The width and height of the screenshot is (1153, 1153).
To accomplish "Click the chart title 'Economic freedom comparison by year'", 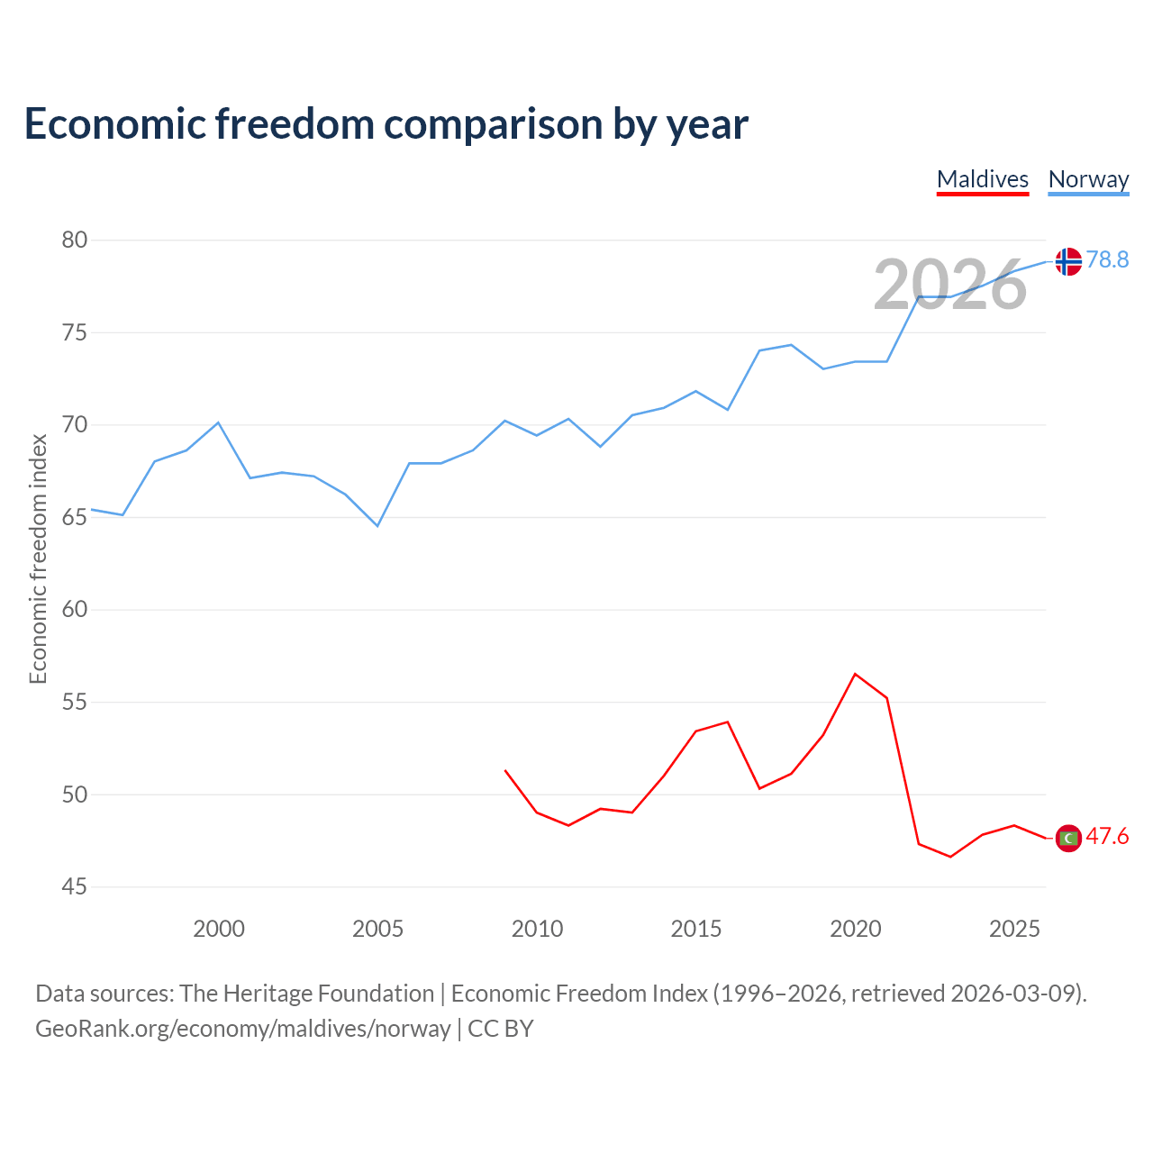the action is (x=386, y=124).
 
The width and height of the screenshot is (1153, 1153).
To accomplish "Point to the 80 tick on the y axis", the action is (x=74, y=240).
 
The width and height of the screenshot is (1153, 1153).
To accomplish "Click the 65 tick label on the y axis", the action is (x=74, y=517).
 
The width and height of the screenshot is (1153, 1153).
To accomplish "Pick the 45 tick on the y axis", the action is (x=74, y=886).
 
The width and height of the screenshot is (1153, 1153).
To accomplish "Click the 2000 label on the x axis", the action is (x=218, y=929).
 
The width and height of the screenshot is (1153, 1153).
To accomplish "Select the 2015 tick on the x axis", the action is (x=696, y=929).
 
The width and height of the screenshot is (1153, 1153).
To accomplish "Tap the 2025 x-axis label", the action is (x=1014, y=929).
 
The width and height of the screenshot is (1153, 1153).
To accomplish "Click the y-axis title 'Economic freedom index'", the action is (x=39, y=558).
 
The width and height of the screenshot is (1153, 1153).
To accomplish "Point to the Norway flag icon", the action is (x=1068, y=261).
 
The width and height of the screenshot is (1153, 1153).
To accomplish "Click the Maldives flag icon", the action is (x=1068, y=838).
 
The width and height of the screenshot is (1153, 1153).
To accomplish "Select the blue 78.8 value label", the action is (x=1107, y=259).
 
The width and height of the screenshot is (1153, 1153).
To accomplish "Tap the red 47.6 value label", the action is (x=1107, y=836).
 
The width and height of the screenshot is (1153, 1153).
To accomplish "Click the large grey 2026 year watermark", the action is (x=949, y=285).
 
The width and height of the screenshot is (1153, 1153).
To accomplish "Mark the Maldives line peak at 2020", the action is (x=855, y=674).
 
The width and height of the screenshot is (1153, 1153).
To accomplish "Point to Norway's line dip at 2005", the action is (x=377, y=526).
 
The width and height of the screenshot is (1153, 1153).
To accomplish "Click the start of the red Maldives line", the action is (x=505, y=770).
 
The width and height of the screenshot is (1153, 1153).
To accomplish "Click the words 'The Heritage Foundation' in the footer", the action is (x=306, y=994).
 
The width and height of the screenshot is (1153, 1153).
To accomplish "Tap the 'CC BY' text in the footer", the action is (x=500, y=1029).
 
